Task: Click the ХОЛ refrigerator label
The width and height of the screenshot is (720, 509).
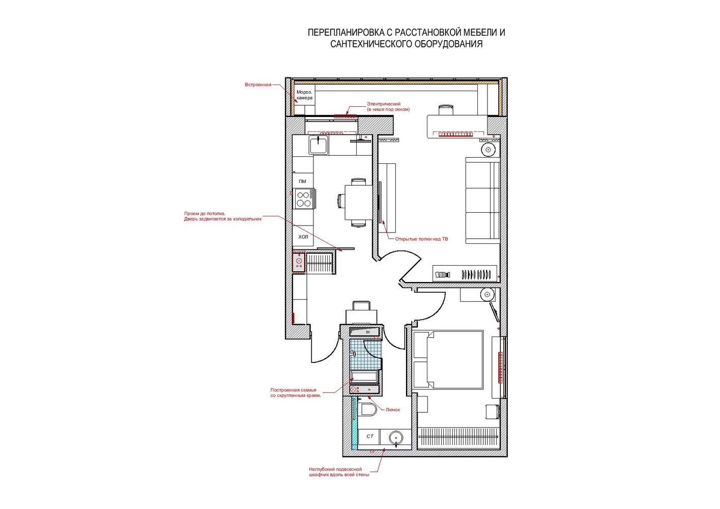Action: click(x=303, y=237)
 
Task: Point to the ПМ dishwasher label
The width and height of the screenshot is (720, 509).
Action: click(x=302, y=181)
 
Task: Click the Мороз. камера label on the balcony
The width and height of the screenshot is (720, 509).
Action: click(x=304, y=95)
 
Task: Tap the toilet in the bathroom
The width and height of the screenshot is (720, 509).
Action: click(x=368, y=409)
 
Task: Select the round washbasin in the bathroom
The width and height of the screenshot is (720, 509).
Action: click(x=396, y=437)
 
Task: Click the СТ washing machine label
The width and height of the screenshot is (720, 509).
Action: click(x=369, y=436)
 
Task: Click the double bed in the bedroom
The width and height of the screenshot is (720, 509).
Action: click(x=448, y=360)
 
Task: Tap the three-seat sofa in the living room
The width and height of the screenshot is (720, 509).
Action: click(x=482, y=200)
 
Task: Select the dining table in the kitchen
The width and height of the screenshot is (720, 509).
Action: click(x=358, y=202)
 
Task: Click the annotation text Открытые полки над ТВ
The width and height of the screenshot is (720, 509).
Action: click(x=421, y=239)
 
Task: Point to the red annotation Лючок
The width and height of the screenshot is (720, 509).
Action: click(x=393, y=410)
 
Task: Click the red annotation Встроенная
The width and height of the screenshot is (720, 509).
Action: click(x=258, y=84)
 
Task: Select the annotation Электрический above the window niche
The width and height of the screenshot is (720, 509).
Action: click(x=384, y=104)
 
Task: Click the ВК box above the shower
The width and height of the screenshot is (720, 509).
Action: click(x=364, y=331)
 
